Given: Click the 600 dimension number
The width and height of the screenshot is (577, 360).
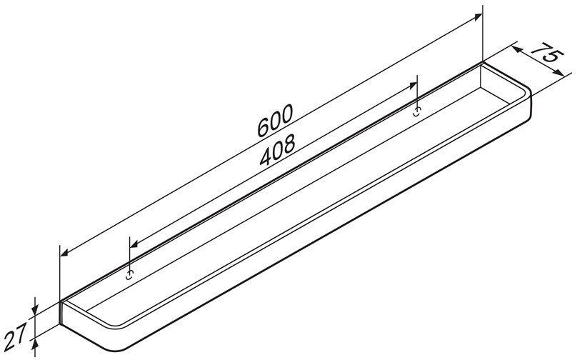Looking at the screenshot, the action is pyautogui.click(x=275, y=121).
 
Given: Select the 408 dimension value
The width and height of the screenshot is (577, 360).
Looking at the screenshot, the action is pyautogui.click(x=278, y=149).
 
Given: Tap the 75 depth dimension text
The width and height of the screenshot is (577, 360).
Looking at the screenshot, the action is pyautogui.click(x=547, y=53).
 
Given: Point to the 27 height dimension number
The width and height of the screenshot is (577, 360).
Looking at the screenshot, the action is pyautogui.click(x=16, y=336).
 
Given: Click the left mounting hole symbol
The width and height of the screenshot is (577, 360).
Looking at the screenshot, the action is pyautogui.click(x=129, y=274).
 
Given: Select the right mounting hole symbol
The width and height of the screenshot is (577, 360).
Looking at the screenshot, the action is pyautogui.click(x=417, y=111).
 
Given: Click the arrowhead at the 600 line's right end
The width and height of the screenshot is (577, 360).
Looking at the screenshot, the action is pyautogui.click(x=478, y=16).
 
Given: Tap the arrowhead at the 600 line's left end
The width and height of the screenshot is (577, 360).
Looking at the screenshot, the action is pyautogui.click(x=64, y=251).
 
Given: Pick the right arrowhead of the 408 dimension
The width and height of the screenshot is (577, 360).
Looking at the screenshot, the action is pyautogui.click(x=412, y=86).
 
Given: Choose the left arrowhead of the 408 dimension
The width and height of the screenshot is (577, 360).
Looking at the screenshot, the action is pyautogui.click(x=134, y=244).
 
